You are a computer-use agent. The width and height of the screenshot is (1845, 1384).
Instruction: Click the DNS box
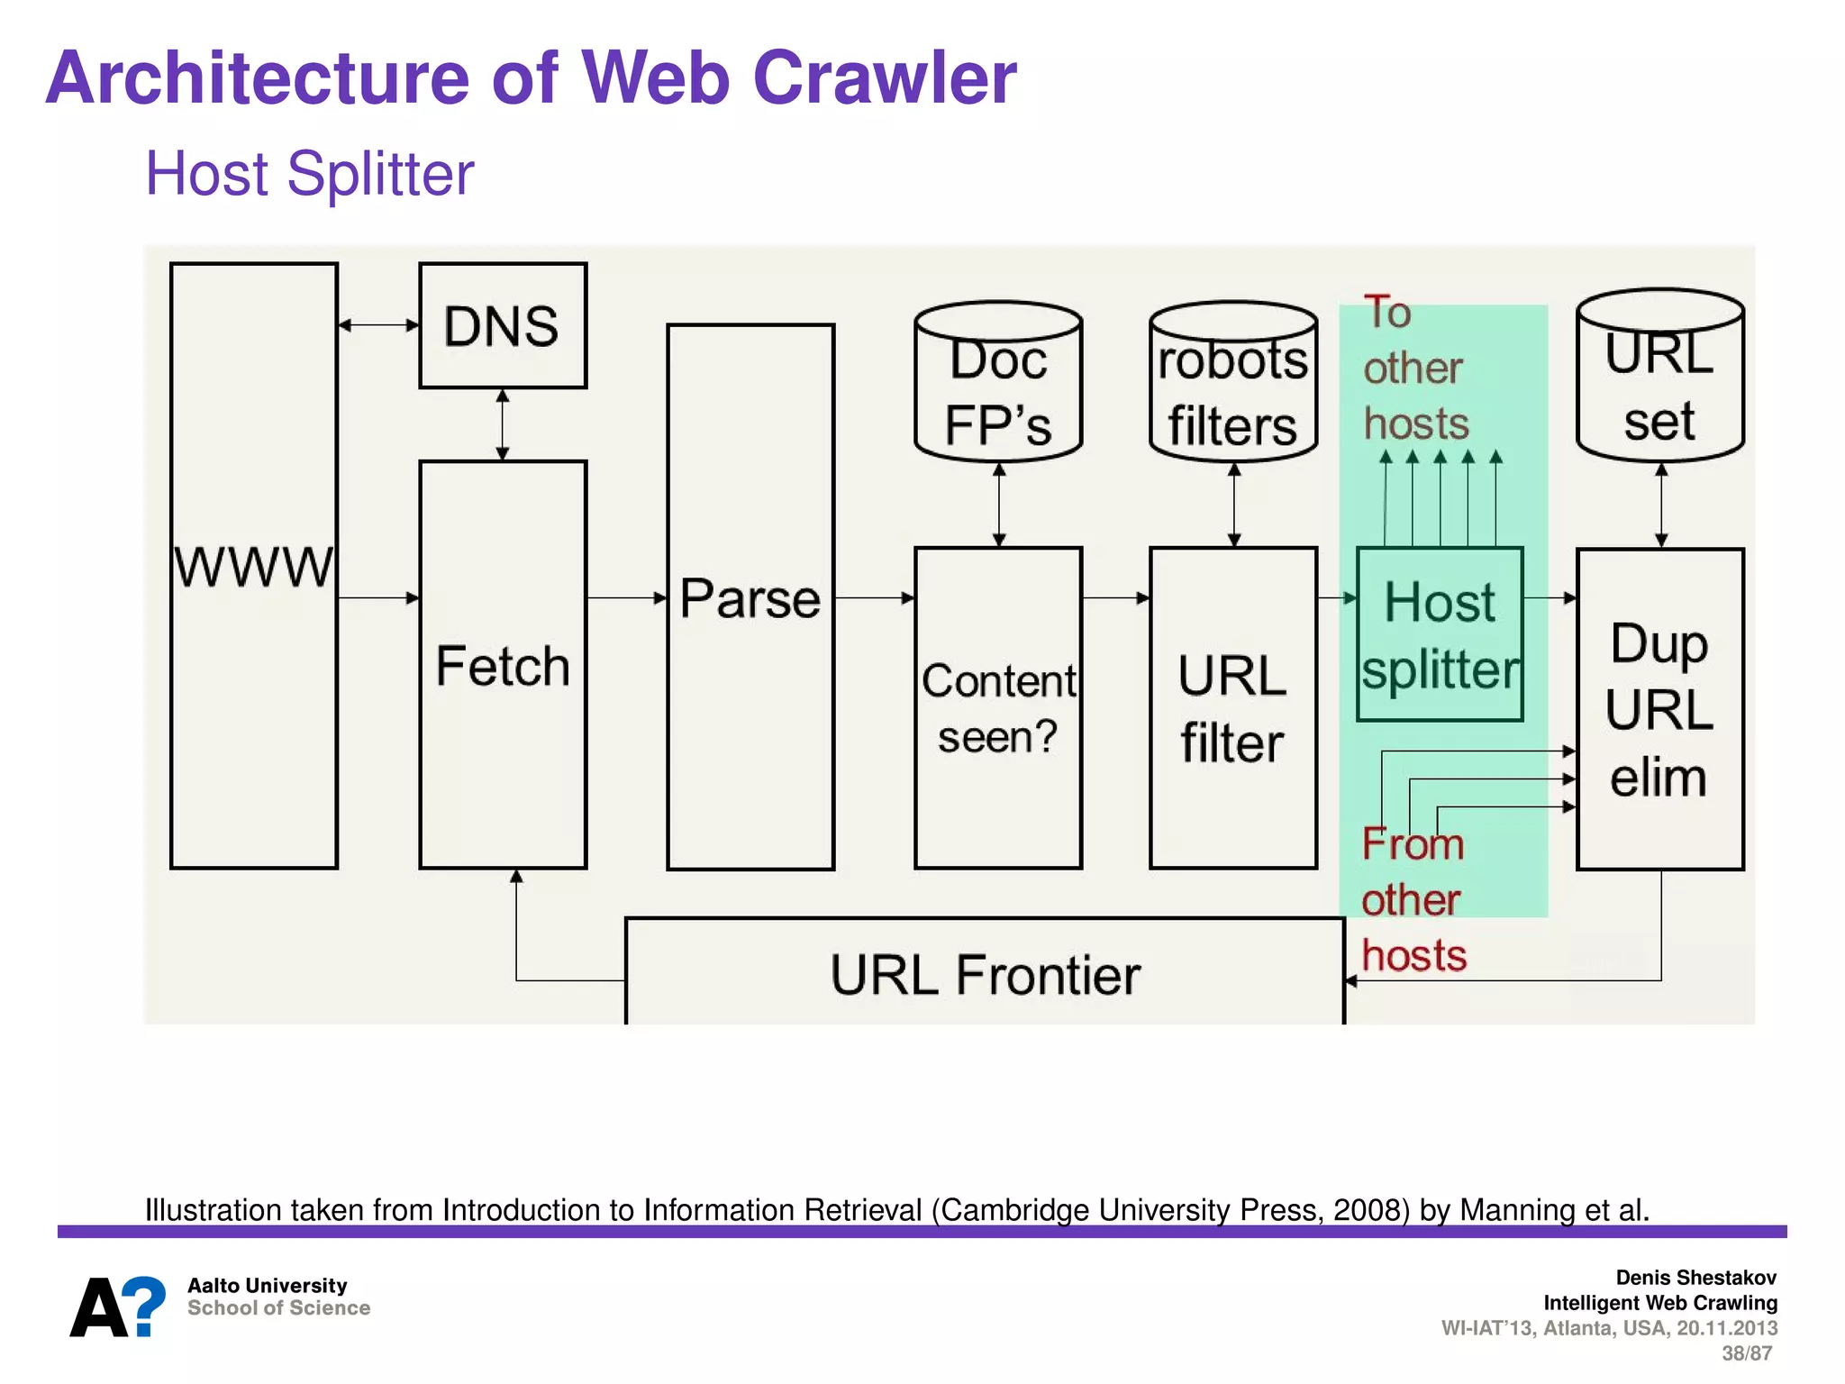503,325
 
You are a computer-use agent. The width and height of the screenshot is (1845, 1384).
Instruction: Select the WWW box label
253,567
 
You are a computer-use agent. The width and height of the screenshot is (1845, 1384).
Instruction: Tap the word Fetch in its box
503,666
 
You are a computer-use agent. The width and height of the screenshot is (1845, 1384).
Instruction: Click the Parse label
750,598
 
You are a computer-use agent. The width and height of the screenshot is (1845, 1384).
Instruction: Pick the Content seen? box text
998,708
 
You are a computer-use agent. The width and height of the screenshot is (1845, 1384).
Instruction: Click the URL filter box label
1232,708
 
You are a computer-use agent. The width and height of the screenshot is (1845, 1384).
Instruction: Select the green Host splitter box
1440,634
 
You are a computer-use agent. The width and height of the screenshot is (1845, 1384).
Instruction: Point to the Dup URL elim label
1659,710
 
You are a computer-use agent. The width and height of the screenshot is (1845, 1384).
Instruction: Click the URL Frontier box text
985,975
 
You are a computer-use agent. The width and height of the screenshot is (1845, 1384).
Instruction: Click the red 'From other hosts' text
1413,899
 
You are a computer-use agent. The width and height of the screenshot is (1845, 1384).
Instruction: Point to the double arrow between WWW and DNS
378,325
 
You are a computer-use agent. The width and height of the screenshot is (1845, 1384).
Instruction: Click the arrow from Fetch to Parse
626,597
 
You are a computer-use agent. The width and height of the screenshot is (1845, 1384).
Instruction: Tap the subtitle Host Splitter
309,173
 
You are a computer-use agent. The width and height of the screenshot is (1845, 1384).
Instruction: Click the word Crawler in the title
884,77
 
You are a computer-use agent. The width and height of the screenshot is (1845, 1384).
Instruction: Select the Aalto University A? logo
118,1307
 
